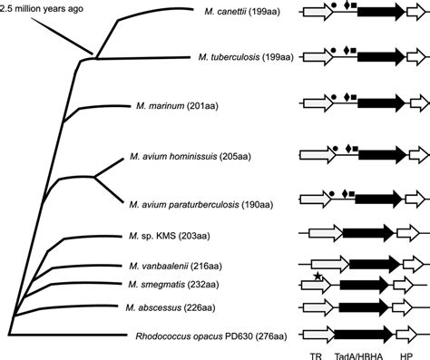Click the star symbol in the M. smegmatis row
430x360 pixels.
(317, 276)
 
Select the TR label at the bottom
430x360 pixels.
(315, 354)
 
